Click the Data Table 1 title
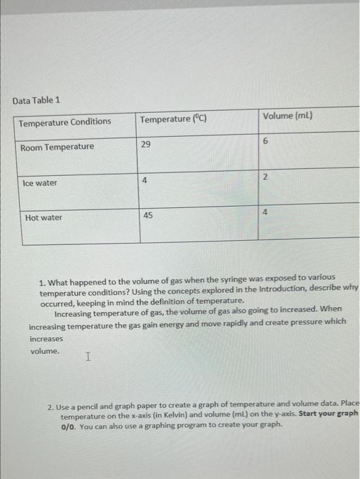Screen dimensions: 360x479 click(x=36, y=101)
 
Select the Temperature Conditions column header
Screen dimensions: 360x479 click(x=64, y=122)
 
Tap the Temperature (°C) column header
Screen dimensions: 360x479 click(x=173, y=120)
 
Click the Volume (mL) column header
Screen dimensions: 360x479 click(x=287, y=116)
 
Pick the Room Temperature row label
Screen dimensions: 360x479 click(x=57, y=147)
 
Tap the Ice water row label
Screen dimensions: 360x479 click(x=40, y=183)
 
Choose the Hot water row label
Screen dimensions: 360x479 click(x=43, y=218)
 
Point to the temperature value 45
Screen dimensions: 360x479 click(x=149, y=215)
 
